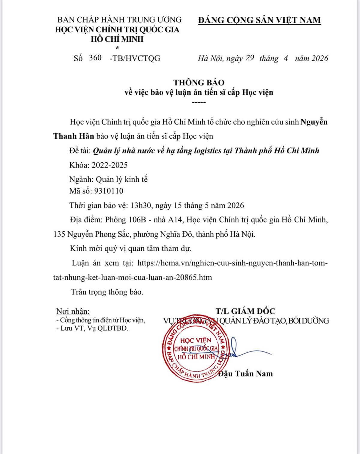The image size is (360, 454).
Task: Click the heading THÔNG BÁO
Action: (x=199, y=83)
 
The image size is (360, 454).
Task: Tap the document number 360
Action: (x=95, y=58)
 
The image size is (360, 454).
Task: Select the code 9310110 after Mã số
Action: (x=109, y=191)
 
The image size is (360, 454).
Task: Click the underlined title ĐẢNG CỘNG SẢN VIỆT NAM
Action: (x=259, y=20)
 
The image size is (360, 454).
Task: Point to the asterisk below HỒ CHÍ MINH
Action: (x=117, y=48)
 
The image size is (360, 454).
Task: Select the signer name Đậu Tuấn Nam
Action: (x=245, y=374)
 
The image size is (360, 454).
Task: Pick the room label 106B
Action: (x=137, y=220)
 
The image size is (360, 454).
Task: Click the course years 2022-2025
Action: (x=109, y=165)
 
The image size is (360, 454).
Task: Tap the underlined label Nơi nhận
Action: (x=73, y=311)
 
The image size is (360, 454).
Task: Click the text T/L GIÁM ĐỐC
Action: (x=245, y=311)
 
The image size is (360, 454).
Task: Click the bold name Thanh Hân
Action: (x=74, y=136)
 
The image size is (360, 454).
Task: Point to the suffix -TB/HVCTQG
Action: (x=135, y=58)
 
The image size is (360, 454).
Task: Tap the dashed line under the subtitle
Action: (x=199, y=103)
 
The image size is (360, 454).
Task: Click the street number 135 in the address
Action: (x=59, y=234)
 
